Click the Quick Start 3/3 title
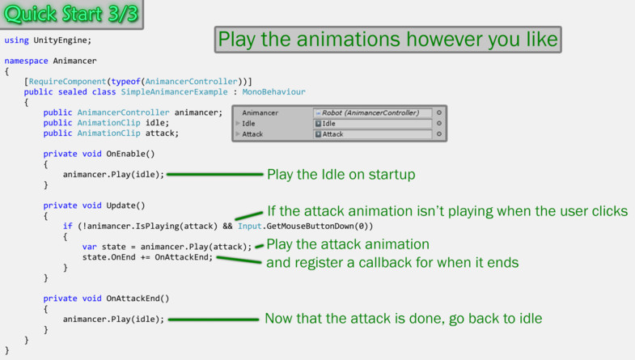71,14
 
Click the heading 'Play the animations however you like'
388,40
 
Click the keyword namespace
27,61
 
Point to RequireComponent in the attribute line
67,82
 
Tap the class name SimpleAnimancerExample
174,92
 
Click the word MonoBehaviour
273,92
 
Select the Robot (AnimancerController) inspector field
372,113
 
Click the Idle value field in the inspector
372,124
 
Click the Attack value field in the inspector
372,134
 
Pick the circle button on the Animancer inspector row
439,112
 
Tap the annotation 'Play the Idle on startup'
341,175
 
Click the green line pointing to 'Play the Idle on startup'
215,175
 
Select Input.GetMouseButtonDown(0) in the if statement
305,226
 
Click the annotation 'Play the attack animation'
348,244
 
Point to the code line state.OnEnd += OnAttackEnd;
147,257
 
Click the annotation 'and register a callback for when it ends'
392,262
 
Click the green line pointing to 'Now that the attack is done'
214,320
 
